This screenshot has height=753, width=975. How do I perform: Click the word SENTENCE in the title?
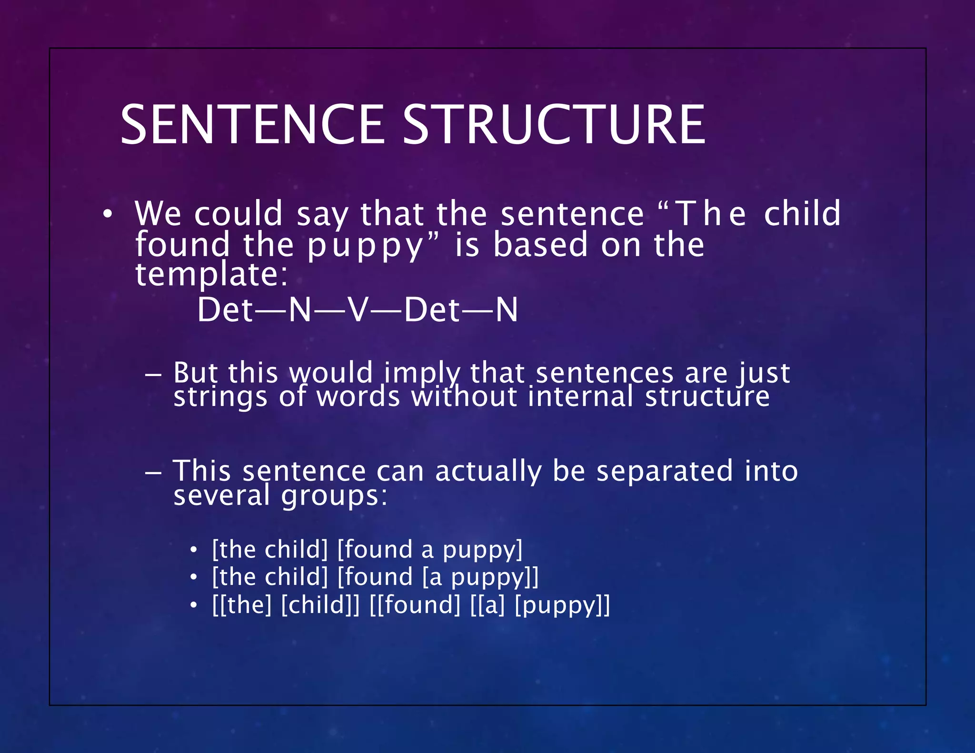pyautogui.click(x=252, y=125)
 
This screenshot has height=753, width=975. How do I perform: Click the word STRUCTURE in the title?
pyautogui.click(x=554, y=125)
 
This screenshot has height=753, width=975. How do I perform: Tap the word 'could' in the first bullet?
pyautogui.click(x=238, y=214)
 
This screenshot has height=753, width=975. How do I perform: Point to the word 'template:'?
pyautogui.click(x=212, y=275)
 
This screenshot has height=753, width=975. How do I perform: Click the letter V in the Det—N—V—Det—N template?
pyautogui.click(x=358, y=310)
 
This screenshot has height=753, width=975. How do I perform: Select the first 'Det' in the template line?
pyautogui.click(x=225, y=310)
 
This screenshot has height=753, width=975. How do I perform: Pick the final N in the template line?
pyautogui.click(x=507, y=310)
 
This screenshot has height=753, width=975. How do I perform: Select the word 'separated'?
pyautogui.click(x=664, y=471)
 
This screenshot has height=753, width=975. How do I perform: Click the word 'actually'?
pyautogui.click(x=488, y=471)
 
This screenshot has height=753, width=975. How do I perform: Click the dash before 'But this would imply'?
pyautogui.click(x=153, y=374)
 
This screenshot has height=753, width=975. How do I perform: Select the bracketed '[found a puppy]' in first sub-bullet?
pyautogui.click(x=429, y=550)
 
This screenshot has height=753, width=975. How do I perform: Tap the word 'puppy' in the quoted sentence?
pyautogui.click(x=365, y=245)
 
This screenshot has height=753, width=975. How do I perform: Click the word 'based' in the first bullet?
pyautogui.click(x=541, y=245)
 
